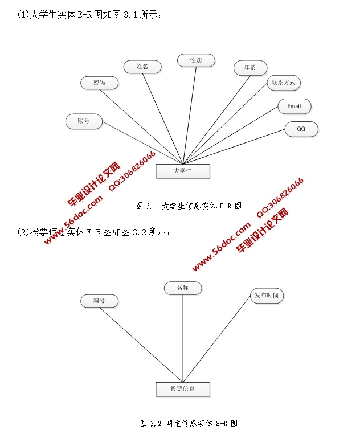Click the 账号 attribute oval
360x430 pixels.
[84, 121]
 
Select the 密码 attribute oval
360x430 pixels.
[100, 83]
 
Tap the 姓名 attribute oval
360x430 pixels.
[142, 67]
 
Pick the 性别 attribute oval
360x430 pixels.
[195, 60]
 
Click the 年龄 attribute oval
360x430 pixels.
[250, 68]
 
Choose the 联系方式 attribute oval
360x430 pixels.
[284, 83]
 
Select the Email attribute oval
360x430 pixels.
[294, 106]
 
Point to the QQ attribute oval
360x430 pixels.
[301, 129]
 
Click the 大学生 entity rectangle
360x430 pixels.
[183, 171]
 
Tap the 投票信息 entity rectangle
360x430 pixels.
[183, 389]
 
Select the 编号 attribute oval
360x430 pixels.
[99, 300]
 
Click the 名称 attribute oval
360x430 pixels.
[183, 288]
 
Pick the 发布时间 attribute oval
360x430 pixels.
[267, 296]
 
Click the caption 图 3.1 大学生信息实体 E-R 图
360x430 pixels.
[189, 206]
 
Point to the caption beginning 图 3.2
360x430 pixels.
[189, 423]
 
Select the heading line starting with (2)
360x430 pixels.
[94, 232]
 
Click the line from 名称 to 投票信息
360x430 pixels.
[183, 336]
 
